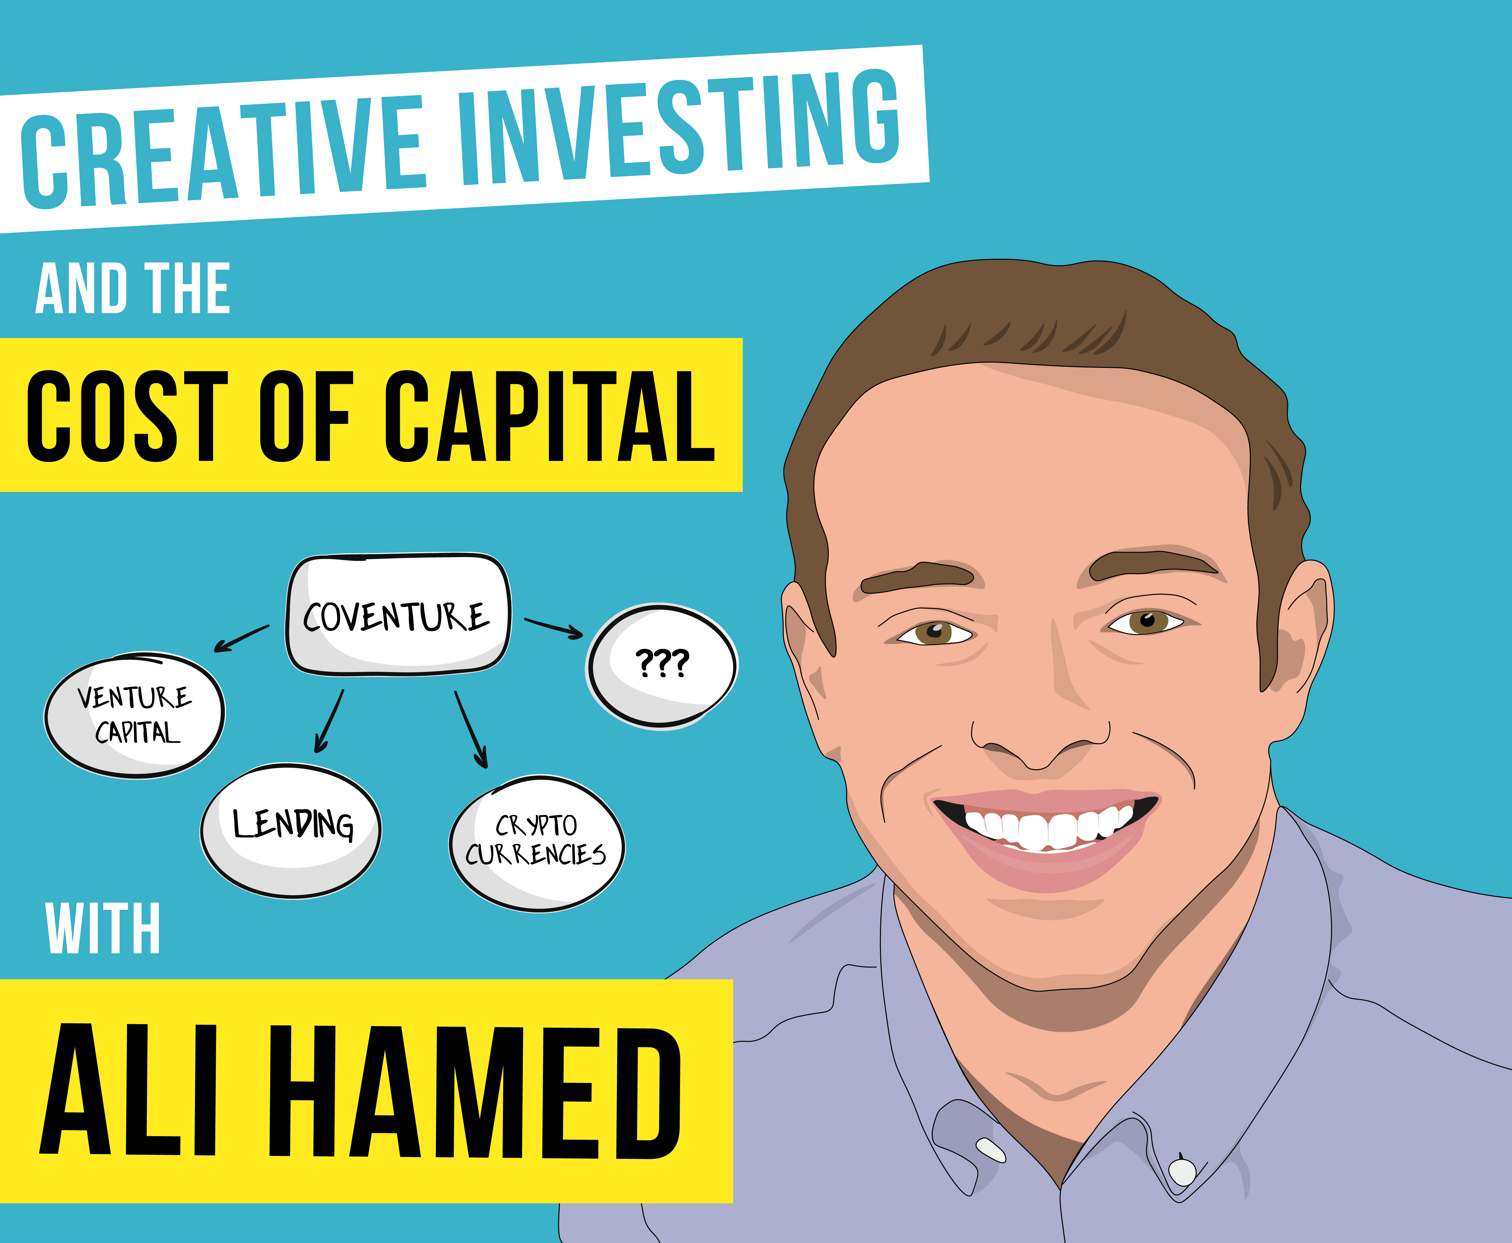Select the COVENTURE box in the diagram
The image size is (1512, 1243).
tap(398, 614)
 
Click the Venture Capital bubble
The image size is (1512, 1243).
tap(135, 715)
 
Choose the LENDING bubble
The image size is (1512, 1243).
tap(291, 831)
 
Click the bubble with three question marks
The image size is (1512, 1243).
tap(662, 666)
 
